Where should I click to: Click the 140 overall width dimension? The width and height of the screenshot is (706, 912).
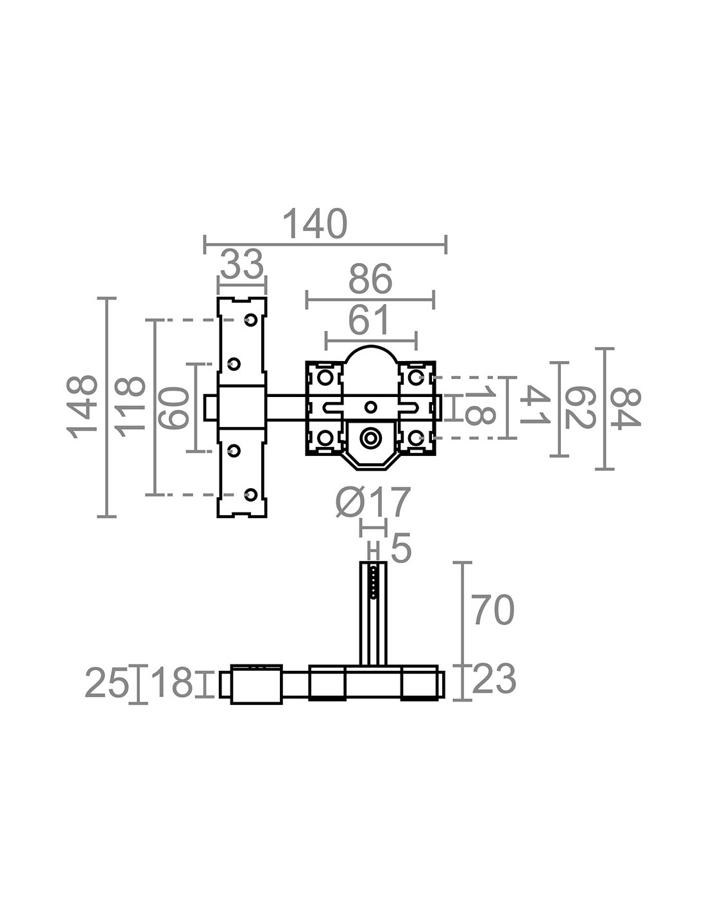[315, 224]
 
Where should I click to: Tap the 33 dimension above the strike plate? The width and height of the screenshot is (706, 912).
[241, 264]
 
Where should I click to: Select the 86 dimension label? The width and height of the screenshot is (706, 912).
[370, 280]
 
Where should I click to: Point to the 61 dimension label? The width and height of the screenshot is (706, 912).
[369, 320]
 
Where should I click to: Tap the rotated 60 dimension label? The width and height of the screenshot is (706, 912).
[175, 408]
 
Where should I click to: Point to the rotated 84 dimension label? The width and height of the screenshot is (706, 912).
[625, 408]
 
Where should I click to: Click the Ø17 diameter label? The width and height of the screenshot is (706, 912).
[373, 502]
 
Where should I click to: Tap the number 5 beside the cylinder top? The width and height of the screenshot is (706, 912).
[400, 550]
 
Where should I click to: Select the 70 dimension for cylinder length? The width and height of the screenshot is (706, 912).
[494, 610]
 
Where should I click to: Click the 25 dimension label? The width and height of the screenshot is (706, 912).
[107, 684]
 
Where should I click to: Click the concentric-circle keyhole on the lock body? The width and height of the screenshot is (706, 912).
[370, 438]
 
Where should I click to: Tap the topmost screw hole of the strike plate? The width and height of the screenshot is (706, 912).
[252, 319]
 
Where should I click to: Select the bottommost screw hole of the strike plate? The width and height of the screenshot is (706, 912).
[252, 494]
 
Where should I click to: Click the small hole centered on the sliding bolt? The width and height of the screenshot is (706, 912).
[370, 407]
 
